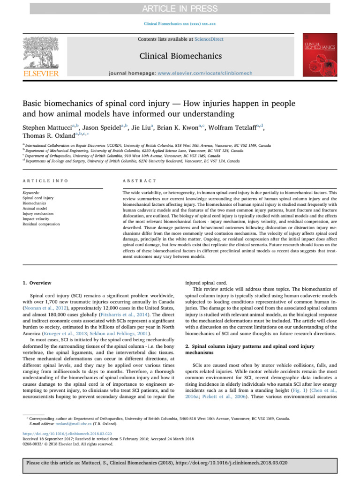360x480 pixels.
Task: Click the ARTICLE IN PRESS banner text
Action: point(180,8)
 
